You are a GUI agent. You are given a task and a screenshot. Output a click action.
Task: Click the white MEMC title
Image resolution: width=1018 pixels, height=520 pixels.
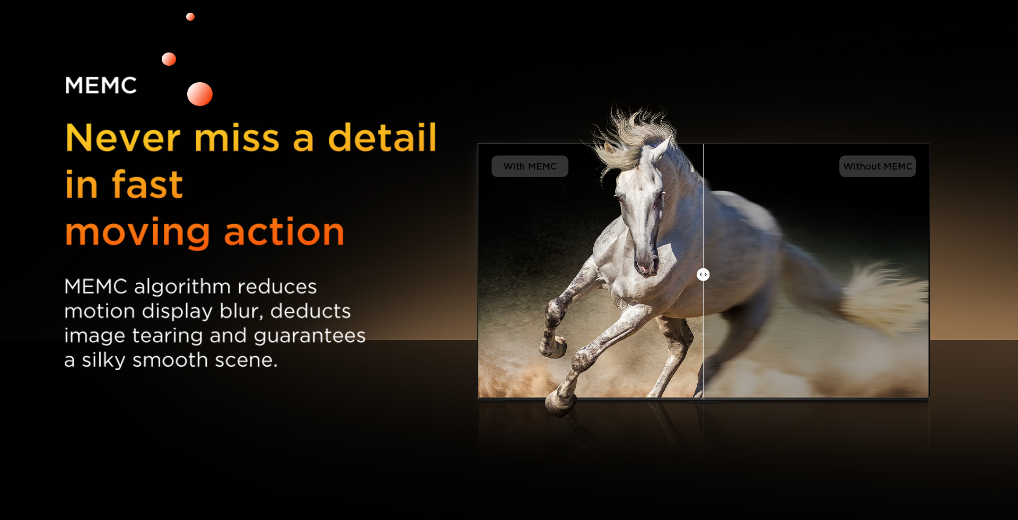tap(101, 85)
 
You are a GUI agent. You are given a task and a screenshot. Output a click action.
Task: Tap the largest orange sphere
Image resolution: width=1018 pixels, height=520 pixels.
tap(200, 94)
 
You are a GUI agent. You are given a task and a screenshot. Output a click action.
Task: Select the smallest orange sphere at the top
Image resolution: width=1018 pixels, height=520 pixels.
tap(190, 16)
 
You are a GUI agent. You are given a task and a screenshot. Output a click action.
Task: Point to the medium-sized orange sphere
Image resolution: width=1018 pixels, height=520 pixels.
tap(169, 59)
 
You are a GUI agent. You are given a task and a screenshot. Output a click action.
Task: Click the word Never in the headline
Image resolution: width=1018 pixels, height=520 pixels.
tap(123, 138)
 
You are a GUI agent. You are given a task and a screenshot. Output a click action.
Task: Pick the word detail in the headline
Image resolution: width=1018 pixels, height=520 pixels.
tap(382, 137)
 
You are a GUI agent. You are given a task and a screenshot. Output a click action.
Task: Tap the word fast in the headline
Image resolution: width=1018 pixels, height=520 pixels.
tap(147, 184)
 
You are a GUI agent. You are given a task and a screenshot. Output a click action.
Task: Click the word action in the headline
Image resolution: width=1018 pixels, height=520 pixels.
tap(284, 232)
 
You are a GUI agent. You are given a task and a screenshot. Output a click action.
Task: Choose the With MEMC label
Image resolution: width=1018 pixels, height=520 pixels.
tap(530, 166)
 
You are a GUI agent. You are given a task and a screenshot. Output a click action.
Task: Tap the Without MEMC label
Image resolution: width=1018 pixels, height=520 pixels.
tap(877, 166)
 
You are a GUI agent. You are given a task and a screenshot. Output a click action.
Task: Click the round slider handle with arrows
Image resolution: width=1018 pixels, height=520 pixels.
tap(703, 275)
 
